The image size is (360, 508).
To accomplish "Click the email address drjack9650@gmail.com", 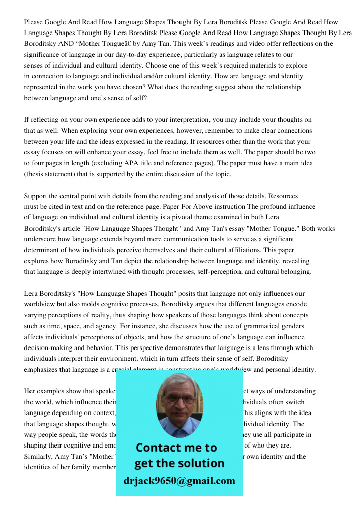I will (179, 481).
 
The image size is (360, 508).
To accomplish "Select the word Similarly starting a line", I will (38, 456).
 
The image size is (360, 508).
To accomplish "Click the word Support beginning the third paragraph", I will (37, 196).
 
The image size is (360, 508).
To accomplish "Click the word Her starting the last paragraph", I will (30, 391).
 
